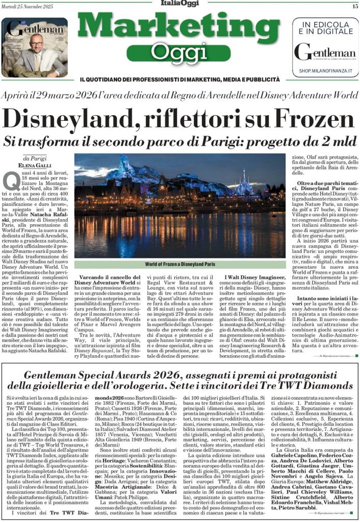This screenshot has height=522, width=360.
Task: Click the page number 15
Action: tap(355, 6)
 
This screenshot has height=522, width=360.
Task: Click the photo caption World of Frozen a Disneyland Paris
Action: tap(180, 264)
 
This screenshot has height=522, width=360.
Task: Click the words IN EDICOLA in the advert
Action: tap(325, 24)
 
